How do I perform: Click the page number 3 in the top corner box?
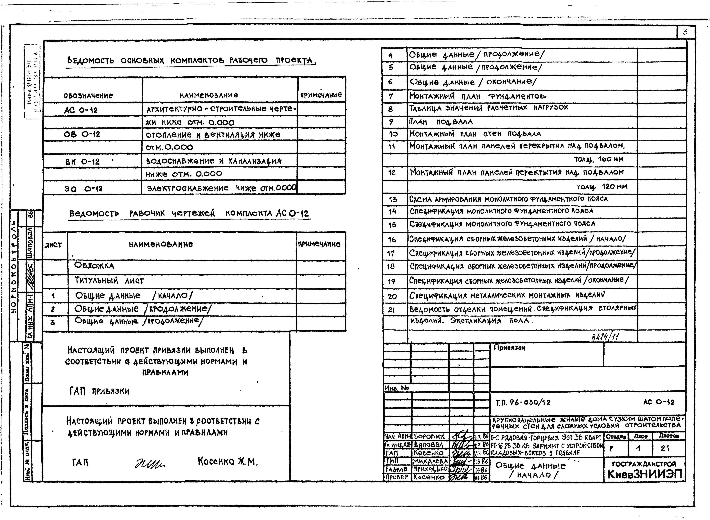coord(685,32)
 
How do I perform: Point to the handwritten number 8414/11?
coord(605,337)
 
